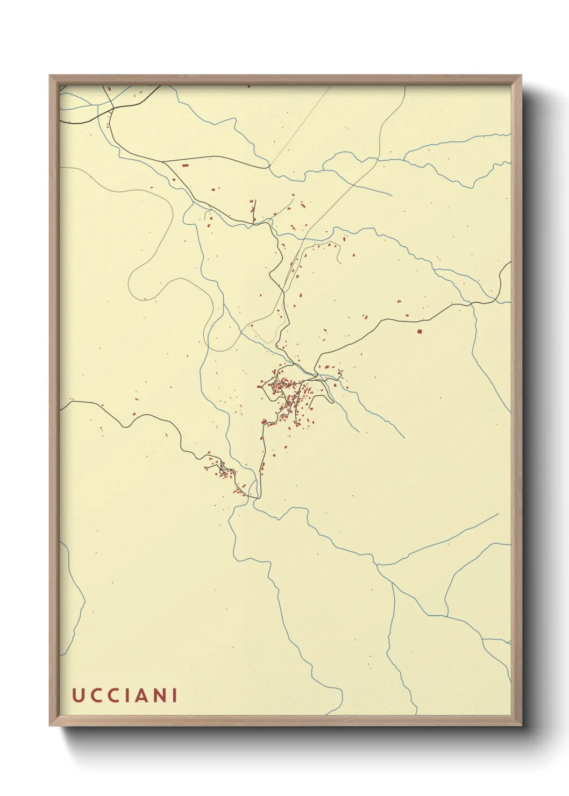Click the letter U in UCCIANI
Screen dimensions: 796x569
[x=77, y=695]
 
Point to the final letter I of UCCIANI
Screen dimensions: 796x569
[x=174, y=695]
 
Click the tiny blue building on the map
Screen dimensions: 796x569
[x=364, y=315]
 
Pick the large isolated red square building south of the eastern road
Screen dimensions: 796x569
[x=419, y=331]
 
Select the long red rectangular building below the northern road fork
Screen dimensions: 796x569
[x=185, y=166]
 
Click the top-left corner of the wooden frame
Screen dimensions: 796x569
[x=51, y=76]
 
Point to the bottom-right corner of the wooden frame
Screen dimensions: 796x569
[x=521, y=725]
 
